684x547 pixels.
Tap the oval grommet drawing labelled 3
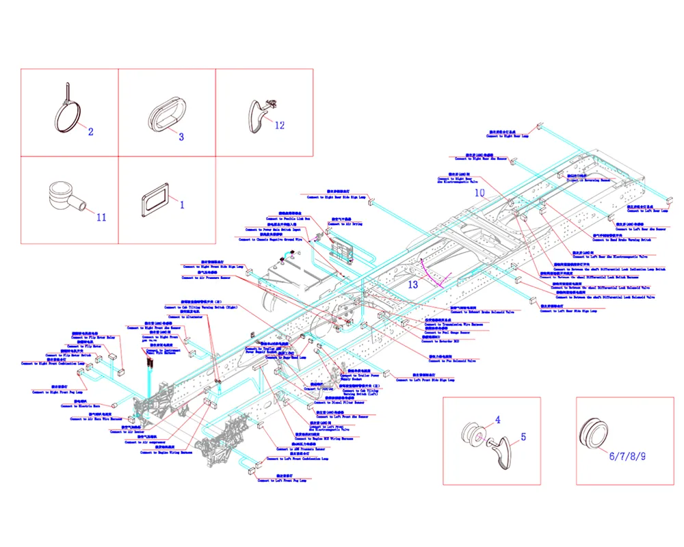point(163,111)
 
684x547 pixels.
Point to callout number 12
point(279,125)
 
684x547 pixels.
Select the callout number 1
point(182,204)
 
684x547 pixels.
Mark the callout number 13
point(412,284)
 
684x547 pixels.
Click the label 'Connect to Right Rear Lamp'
point(507,136)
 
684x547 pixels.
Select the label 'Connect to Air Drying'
point(346,224)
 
